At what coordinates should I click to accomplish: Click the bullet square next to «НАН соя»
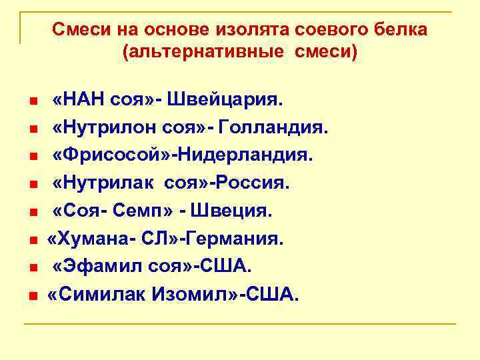(32, 102)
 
